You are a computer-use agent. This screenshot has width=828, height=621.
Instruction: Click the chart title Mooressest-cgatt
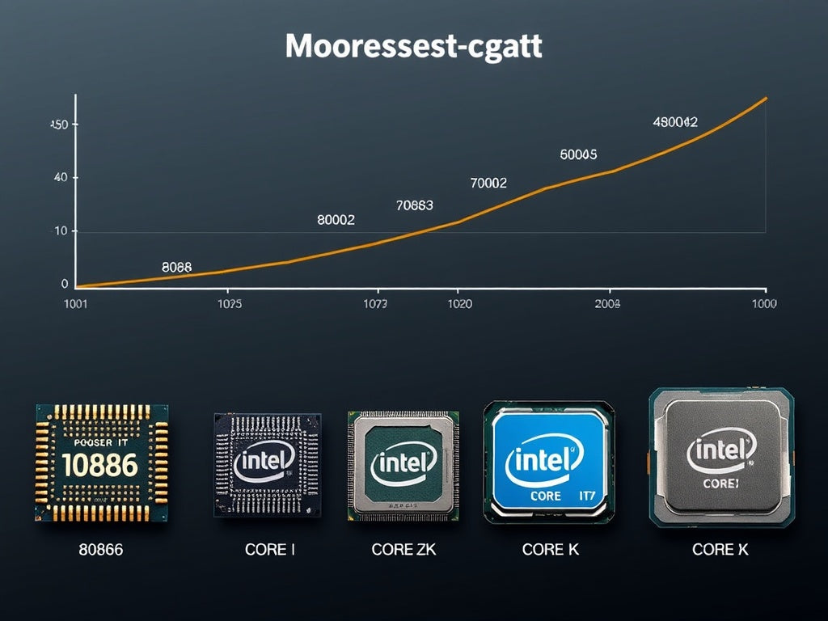tap(413, 47)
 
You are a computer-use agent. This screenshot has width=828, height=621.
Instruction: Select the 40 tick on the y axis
tap(60, 178)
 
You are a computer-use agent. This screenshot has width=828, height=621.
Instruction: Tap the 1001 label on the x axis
tap(74, 304)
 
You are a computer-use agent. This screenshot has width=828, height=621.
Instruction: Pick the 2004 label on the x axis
tap(607, 304)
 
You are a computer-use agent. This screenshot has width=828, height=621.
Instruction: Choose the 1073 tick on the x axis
tap(374, 304)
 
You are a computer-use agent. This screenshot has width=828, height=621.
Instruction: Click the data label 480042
tap(674, 122)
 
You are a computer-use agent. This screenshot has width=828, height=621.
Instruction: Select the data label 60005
tap(578, 154)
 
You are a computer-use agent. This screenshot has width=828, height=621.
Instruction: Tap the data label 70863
tap(415, 205)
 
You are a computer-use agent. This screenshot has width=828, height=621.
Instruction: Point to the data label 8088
tap(176, 267)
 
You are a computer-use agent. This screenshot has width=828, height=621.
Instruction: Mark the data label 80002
tap(336, 220)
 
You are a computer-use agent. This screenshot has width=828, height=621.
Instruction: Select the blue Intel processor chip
tap(548, 462)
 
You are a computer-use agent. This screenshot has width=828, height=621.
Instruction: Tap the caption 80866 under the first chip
tap(101, 550)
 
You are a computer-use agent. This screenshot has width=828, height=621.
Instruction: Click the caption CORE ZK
tap(403, 550)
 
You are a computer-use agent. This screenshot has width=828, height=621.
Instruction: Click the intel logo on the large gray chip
tap(720, 451)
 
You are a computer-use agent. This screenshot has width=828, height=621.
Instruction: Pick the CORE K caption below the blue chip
tap(550, 550)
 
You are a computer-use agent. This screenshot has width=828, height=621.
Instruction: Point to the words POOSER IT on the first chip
tap(101, 442)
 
